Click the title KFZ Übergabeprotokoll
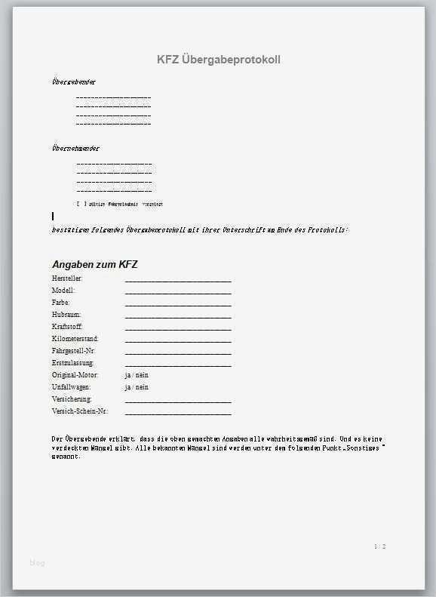coord(218,60)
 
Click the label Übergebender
coord(74,82)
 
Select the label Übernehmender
coord(75,148)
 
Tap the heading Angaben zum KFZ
coord(94,264)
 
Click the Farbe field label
coord(61,303)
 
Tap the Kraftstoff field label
coord(67,327)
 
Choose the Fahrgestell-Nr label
coord(74,351)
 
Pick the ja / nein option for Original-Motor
coord(137,375)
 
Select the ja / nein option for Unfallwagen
coord(137,387)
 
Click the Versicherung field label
coord(72,399)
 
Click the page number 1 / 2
coord(379,546)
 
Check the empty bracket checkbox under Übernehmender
coord(81,204)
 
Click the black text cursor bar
coord(53,217)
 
